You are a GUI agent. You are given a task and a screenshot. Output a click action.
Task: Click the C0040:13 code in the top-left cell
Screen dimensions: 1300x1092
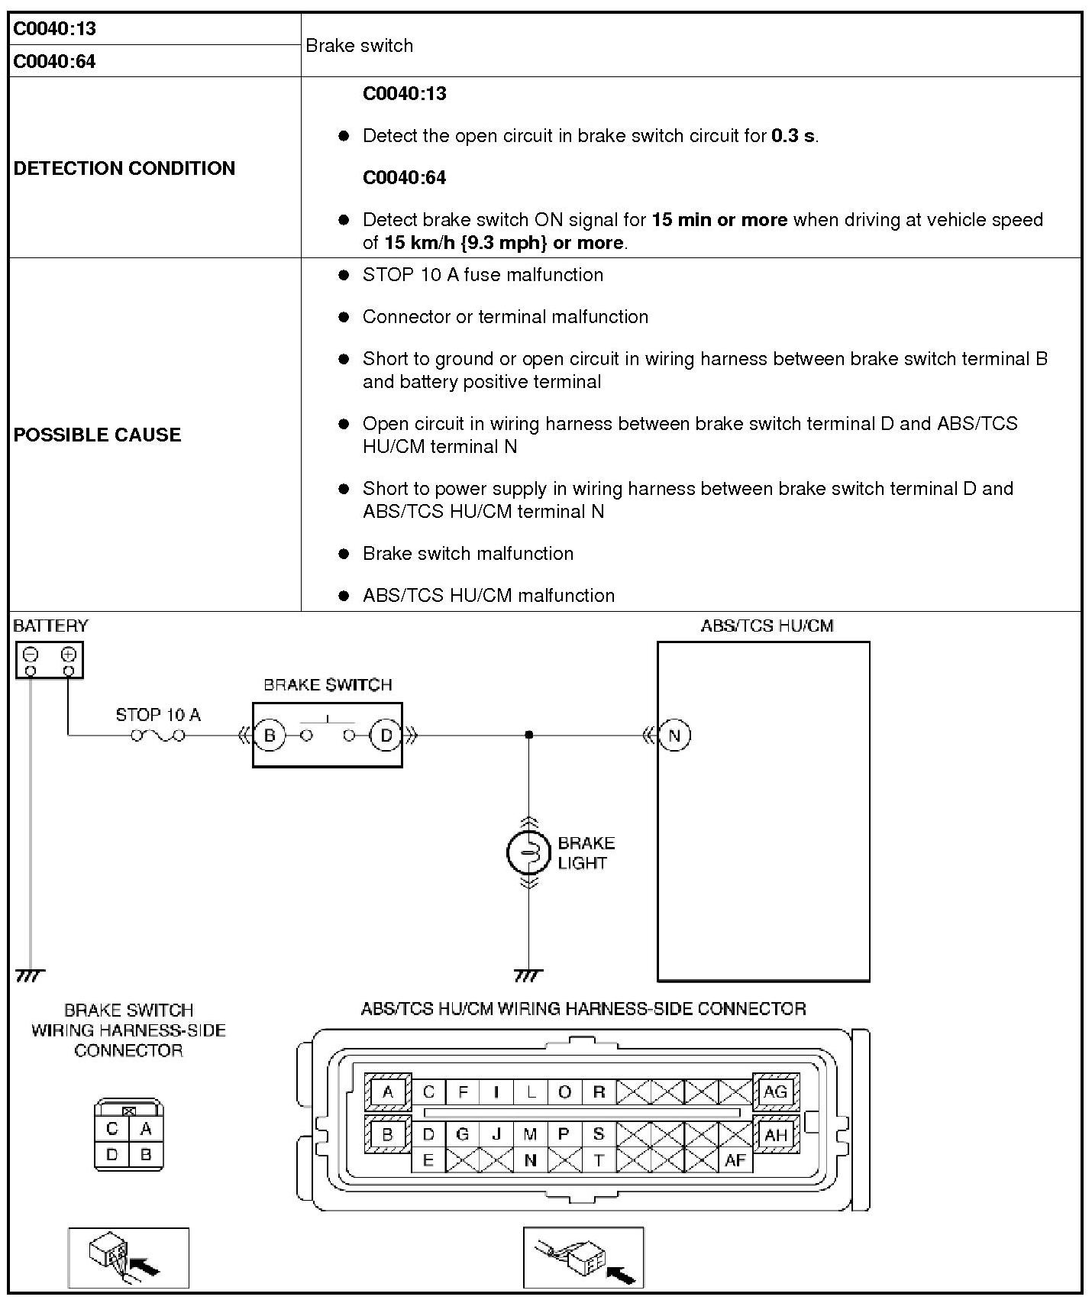click(x=55, y=29)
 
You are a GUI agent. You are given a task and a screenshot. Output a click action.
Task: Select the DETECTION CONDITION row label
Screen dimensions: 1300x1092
click(x=124, y=168)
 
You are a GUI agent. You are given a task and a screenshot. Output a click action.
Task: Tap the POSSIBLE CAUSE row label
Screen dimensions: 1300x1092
click(x=98, y=435)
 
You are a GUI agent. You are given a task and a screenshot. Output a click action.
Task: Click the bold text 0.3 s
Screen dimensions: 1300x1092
click(x=793, y=136)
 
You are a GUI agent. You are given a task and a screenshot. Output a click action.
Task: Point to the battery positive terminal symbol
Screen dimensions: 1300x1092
click(x=69, y=655)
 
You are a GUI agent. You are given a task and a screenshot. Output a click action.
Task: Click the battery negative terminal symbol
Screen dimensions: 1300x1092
click(x=31, y=655)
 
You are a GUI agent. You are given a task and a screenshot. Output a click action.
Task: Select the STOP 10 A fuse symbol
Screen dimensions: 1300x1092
click(x=158, y=736)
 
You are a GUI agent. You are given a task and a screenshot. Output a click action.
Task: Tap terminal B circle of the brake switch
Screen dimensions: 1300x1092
click(x=269, y=736)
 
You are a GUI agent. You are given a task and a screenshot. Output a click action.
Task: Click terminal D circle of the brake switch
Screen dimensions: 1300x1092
click(x=386, y=736)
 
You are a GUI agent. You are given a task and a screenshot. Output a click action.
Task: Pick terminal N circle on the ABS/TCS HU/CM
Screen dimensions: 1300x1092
click(x=674, y=736)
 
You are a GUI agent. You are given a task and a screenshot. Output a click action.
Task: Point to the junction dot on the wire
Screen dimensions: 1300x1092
click(x=528, y=735)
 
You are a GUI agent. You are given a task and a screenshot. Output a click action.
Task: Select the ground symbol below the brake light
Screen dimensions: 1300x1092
click(x=528, y=976)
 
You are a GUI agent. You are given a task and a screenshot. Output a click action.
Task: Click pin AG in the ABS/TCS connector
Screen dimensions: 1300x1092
click(x=775, y=1091)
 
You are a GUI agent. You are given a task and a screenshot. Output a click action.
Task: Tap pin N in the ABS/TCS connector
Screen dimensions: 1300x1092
click(x=530, y=1160)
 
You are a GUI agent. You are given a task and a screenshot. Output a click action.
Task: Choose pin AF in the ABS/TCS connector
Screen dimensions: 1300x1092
click(x=735, y=1160)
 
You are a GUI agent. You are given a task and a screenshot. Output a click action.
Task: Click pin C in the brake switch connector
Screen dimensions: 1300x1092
click(x=112, y=1128)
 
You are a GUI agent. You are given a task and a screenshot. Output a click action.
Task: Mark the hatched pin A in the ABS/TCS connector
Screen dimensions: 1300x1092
click(x=388, y=1091)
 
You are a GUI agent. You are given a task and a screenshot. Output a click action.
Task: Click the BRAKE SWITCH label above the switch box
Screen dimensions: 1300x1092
click(x=328, y=684)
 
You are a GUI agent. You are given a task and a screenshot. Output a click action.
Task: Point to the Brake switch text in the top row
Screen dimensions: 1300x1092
click(x=359, y=46)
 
